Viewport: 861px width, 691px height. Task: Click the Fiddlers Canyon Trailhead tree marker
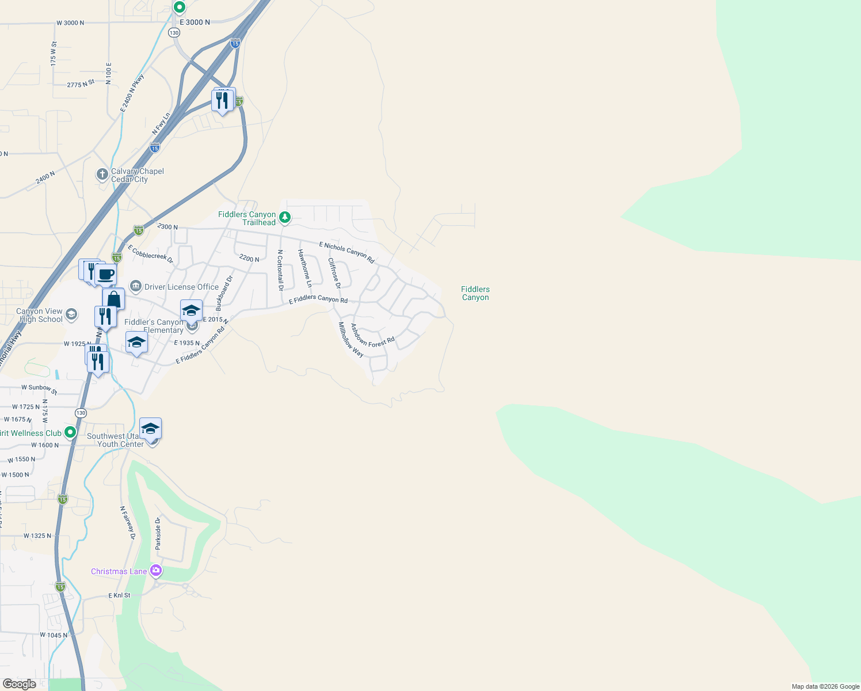click(285, 218)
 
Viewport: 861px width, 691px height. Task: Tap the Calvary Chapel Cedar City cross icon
click(102, 174)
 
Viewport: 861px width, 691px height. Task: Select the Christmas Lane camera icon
click(155, 571)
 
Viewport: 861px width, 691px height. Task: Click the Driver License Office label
click(181, 287)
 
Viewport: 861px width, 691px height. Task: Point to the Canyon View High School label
click(39, 316)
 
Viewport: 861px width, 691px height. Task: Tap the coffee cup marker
click(105, 275)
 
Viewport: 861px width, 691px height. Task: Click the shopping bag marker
click(113, 299)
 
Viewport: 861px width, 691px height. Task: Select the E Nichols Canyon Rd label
click(346, 253)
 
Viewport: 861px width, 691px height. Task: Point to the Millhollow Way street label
click(351, 340)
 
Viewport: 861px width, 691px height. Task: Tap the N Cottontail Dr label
click(280, 269)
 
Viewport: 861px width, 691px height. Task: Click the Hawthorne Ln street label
click(304, 268)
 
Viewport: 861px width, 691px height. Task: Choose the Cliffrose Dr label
click(334, 273)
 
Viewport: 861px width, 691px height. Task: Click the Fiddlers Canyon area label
click(475, 294)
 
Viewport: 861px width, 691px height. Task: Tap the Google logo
click(20, 684)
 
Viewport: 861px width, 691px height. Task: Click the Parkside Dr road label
click(158, 533)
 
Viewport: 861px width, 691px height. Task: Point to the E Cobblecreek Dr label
click(150, 254)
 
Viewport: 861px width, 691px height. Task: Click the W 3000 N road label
click(70, 23)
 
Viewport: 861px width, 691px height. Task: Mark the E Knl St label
click(119, 595)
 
